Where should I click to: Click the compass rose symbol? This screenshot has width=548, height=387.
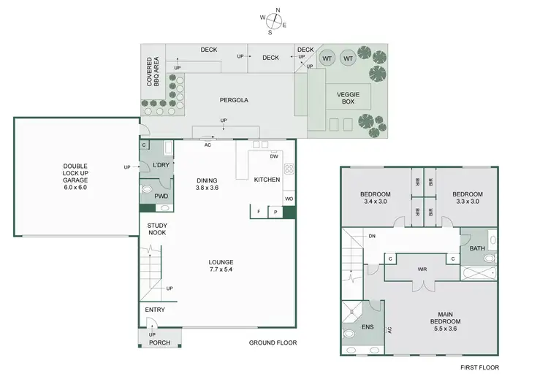pos(273,20)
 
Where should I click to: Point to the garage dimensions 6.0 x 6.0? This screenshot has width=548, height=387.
pos(75,188)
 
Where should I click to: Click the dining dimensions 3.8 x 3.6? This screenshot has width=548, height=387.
pos(208,188)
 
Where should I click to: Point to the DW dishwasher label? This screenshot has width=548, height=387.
pos(274,156)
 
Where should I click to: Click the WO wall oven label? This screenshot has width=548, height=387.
pos(289,199)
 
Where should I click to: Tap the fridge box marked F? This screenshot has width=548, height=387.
pos(258,212)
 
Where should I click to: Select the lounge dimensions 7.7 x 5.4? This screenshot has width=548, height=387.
pos(220,269)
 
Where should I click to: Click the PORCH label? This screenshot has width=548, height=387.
pos(159,342)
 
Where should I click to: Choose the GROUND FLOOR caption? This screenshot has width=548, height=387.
pos(273,342)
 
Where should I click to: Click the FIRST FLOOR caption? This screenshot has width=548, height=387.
pos(480,367)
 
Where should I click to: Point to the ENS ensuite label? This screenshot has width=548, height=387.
pos(368,326)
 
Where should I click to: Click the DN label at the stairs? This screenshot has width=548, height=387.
pos(372,236)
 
